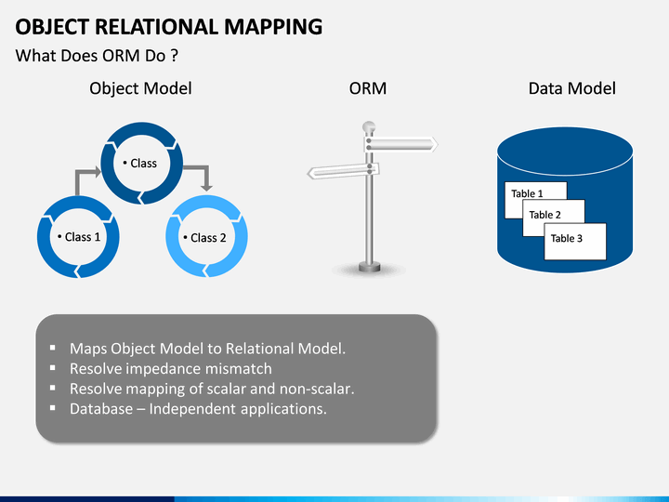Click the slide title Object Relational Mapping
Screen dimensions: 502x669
click(x=169, y=26)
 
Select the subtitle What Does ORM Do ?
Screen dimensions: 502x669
click(x=97, y=56)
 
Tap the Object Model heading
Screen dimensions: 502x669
click(x=140, y=88)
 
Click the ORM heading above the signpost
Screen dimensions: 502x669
click(x=367, y=88)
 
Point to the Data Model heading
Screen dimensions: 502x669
click(x=571, y=88)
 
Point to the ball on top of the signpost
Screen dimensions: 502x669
click(x=369, y=125)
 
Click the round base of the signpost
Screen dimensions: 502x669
click(x=369, y=269)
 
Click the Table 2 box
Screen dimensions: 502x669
click(x=549, y=214)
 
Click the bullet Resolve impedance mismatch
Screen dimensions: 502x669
click(x=171, y=369)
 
